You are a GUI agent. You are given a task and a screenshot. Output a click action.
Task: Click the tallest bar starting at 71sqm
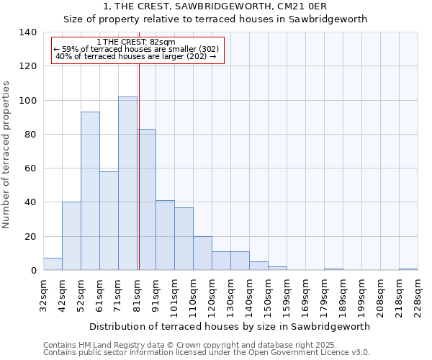[x=127, y=184]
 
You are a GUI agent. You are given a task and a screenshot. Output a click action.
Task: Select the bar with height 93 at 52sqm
[x=90, y=191]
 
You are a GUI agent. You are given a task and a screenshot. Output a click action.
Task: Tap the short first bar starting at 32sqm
[x=53, y=264]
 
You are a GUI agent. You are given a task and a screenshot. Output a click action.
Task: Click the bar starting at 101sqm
[x=184, y=239]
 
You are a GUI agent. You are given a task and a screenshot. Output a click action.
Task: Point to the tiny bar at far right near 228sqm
[x=408, y=269]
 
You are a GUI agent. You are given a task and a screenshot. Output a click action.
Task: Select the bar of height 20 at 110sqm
[x=202, y=253]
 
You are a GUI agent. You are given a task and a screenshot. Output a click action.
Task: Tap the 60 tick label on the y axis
[x=30, y=168]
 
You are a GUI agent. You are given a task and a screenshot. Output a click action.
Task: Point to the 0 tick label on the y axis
[x=33, y=271]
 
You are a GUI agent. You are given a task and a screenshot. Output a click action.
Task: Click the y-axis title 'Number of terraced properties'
[x=6, y=154]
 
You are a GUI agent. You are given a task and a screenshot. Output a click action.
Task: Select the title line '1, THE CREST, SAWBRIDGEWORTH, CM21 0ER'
[x=215, y=6]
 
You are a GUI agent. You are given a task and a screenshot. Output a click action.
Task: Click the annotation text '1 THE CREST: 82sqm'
[x=135, y=42]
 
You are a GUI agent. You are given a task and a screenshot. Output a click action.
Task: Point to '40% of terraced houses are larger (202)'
[x=135, y=56]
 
